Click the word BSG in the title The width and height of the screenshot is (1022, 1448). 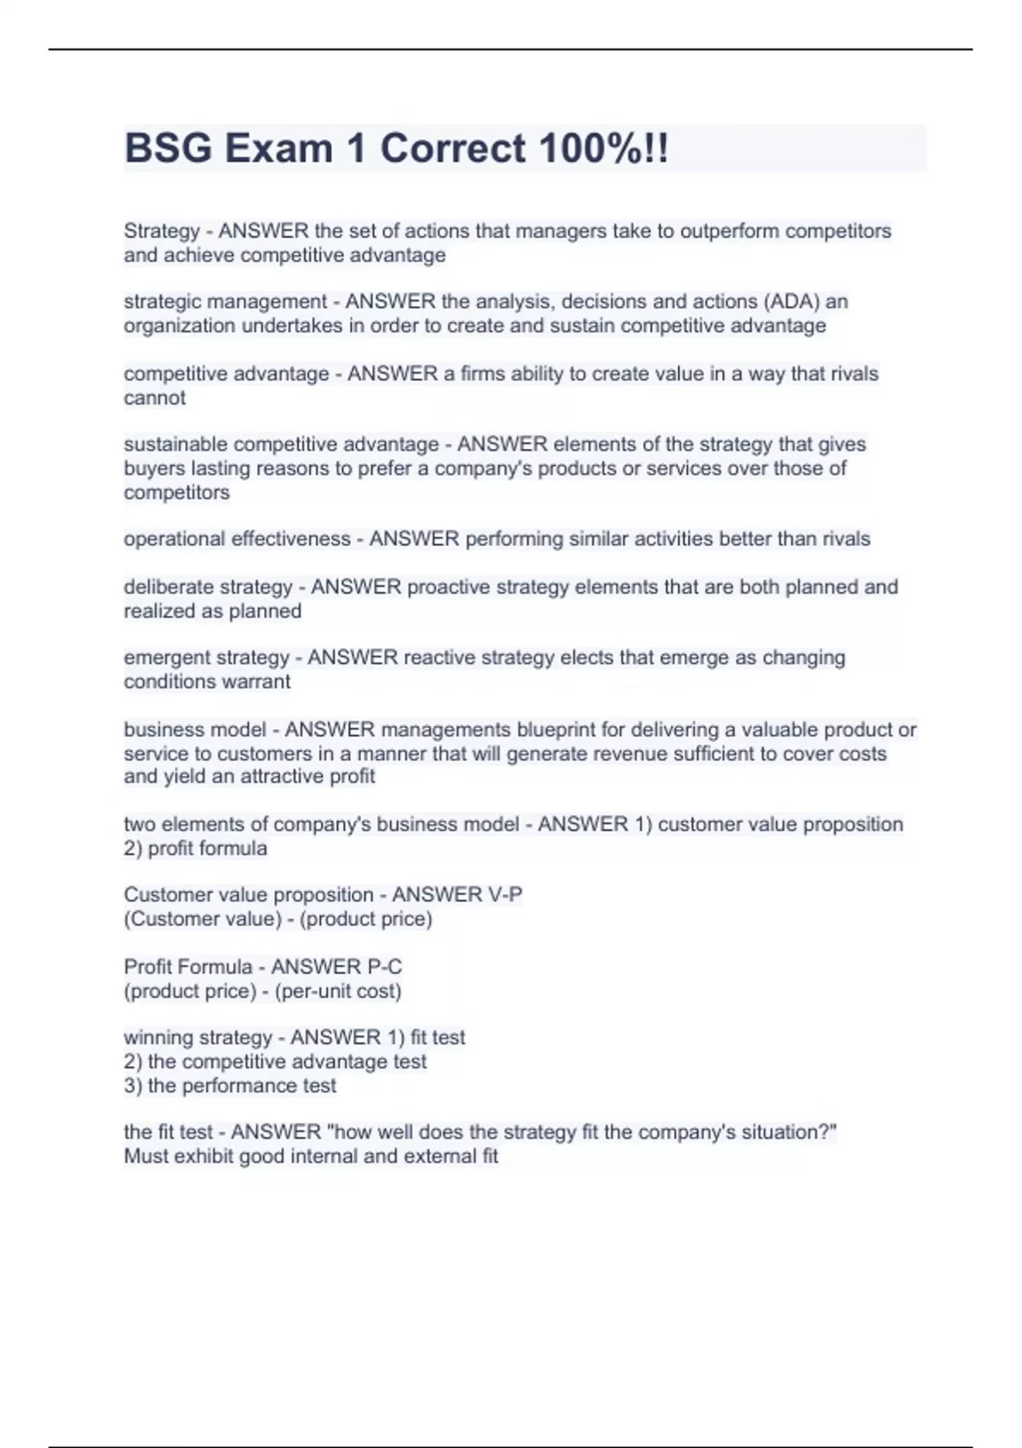(x=169, y=148)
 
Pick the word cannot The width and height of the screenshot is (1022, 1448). (x=154, y=398)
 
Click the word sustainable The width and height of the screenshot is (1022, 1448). (x=175, y=444)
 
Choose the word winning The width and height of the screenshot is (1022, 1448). (x=153, y=1037)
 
